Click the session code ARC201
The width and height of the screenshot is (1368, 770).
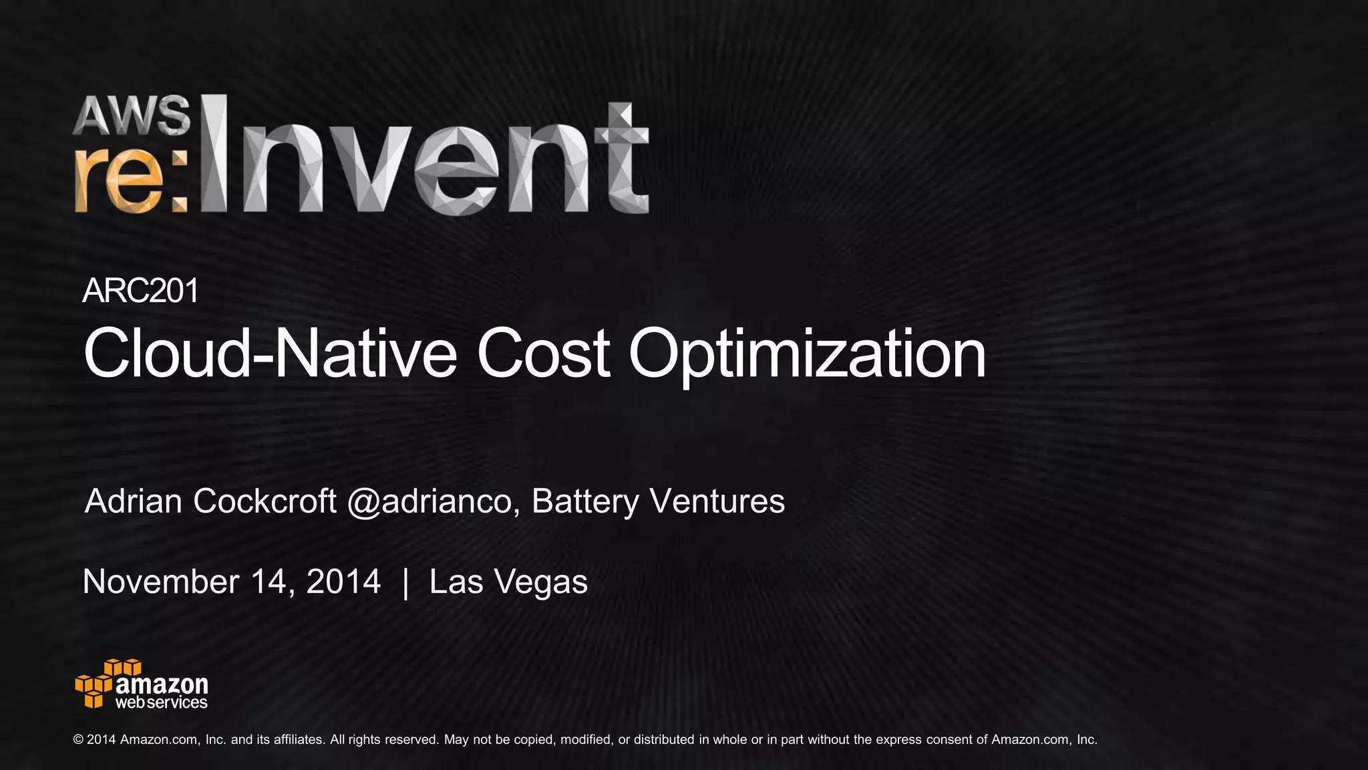click(x=140, y=291)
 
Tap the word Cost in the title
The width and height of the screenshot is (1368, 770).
click(x=542, y=354)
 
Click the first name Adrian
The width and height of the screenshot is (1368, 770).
click(x=134, y=501)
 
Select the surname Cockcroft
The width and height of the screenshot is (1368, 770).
click(x=265, y=501)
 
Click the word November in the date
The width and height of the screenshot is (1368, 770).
click(x=160, y=582)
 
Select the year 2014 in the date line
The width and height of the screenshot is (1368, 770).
click(x=343, y=582)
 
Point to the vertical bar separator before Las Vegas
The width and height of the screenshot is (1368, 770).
click(x=405, y=582)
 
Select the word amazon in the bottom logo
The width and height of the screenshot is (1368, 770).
click(x=162, y=685)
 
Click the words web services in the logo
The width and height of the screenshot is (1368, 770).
click(x=161, y=702)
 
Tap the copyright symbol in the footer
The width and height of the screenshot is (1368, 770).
click(x=78, y=740)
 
